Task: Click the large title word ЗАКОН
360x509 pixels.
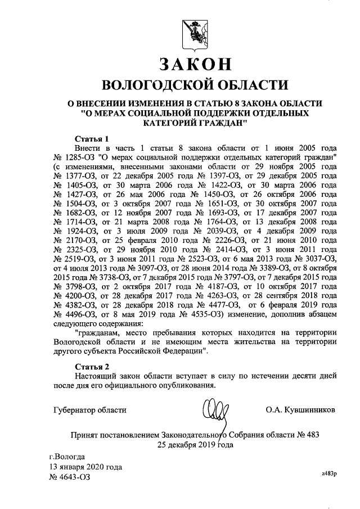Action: [x=195, y=65]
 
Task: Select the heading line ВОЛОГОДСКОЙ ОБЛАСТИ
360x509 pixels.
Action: [x=194, y=85]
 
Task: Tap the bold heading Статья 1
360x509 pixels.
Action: [x=91, y=138]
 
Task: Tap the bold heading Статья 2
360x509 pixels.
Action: [x=92, y=366]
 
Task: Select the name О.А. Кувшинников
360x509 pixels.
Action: [x=300, y=410]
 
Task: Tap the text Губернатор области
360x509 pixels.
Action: [x=90, y=410]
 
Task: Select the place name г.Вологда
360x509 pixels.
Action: [x=67, y=457]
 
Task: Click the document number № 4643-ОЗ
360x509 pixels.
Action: [x=70, y=477]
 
